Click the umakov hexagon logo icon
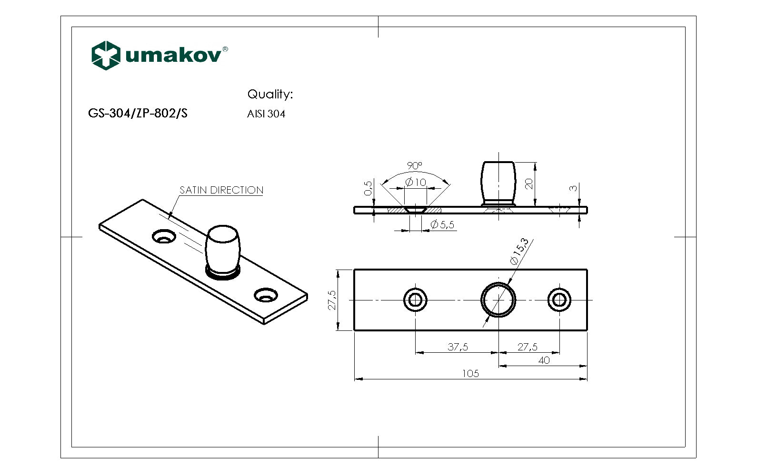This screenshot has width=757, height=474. (x=105, y=55)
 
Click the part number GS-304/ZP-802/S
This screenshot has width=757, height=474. (x=138, y=114)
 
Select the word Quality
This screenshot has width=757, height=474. (x=269, y=94)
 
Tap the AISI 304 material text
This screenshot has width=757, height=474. (x=266, y=114)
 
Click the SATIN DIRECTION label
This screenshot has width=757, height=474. (x=221, y=190)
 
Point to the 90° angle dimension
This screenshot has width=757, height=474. (x=414, y=165)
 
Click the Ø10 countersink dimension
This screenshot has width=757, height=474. (x=416, y=182)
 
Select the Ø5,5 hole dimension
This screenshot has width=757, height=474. (x=442, y=225)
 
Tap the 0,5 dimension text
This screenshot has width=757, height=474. (x=368, y=188)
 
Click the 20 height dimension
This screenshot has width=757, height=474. (x=529, y=184)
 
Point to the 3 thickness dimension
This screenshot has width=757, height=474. (x=574, y=188)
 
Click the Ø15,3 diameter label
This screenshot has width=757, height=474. (x=519, y=252)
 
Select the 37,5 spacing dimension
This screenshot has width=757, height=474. (x=458, y=347)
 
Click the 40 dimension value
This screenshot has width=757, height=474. (x=544, y=360)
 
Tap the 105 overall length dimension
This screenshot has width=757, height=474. (x=470, y=374)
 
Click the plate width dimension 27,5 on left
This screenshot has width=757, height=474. (x=332, y=300)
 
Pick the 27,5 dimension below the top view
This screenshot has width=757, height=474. (x=528, y=347)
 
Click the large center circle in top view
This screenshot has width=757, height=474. (x=498, y=300)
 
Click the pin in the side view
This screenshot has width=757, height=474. (x=498, y=182)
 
